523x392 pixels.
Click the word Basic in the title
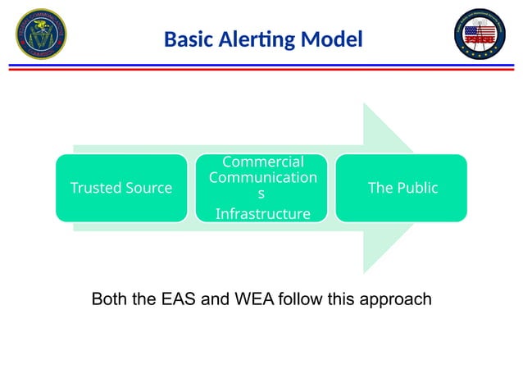click(189, 39)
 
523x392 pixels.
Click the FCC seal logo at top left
click(41, 34)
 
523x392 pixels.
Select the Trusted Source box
click(121, 188)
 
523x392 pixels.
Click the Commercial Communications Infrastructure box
click(261, 188)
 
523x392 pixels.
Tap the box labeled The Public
click(402, 188)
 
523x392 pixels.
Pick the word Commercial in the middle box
click(262, 162)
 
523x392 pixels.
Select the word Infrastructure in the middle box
click(262, 214)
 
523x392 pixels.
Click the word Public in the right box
click(416, 188)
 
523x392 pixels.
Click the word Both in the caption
click(111, 299)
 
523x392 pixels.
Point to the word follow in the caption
click(301, 299)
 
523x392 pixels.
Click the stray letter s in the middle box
click(261, 195)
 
